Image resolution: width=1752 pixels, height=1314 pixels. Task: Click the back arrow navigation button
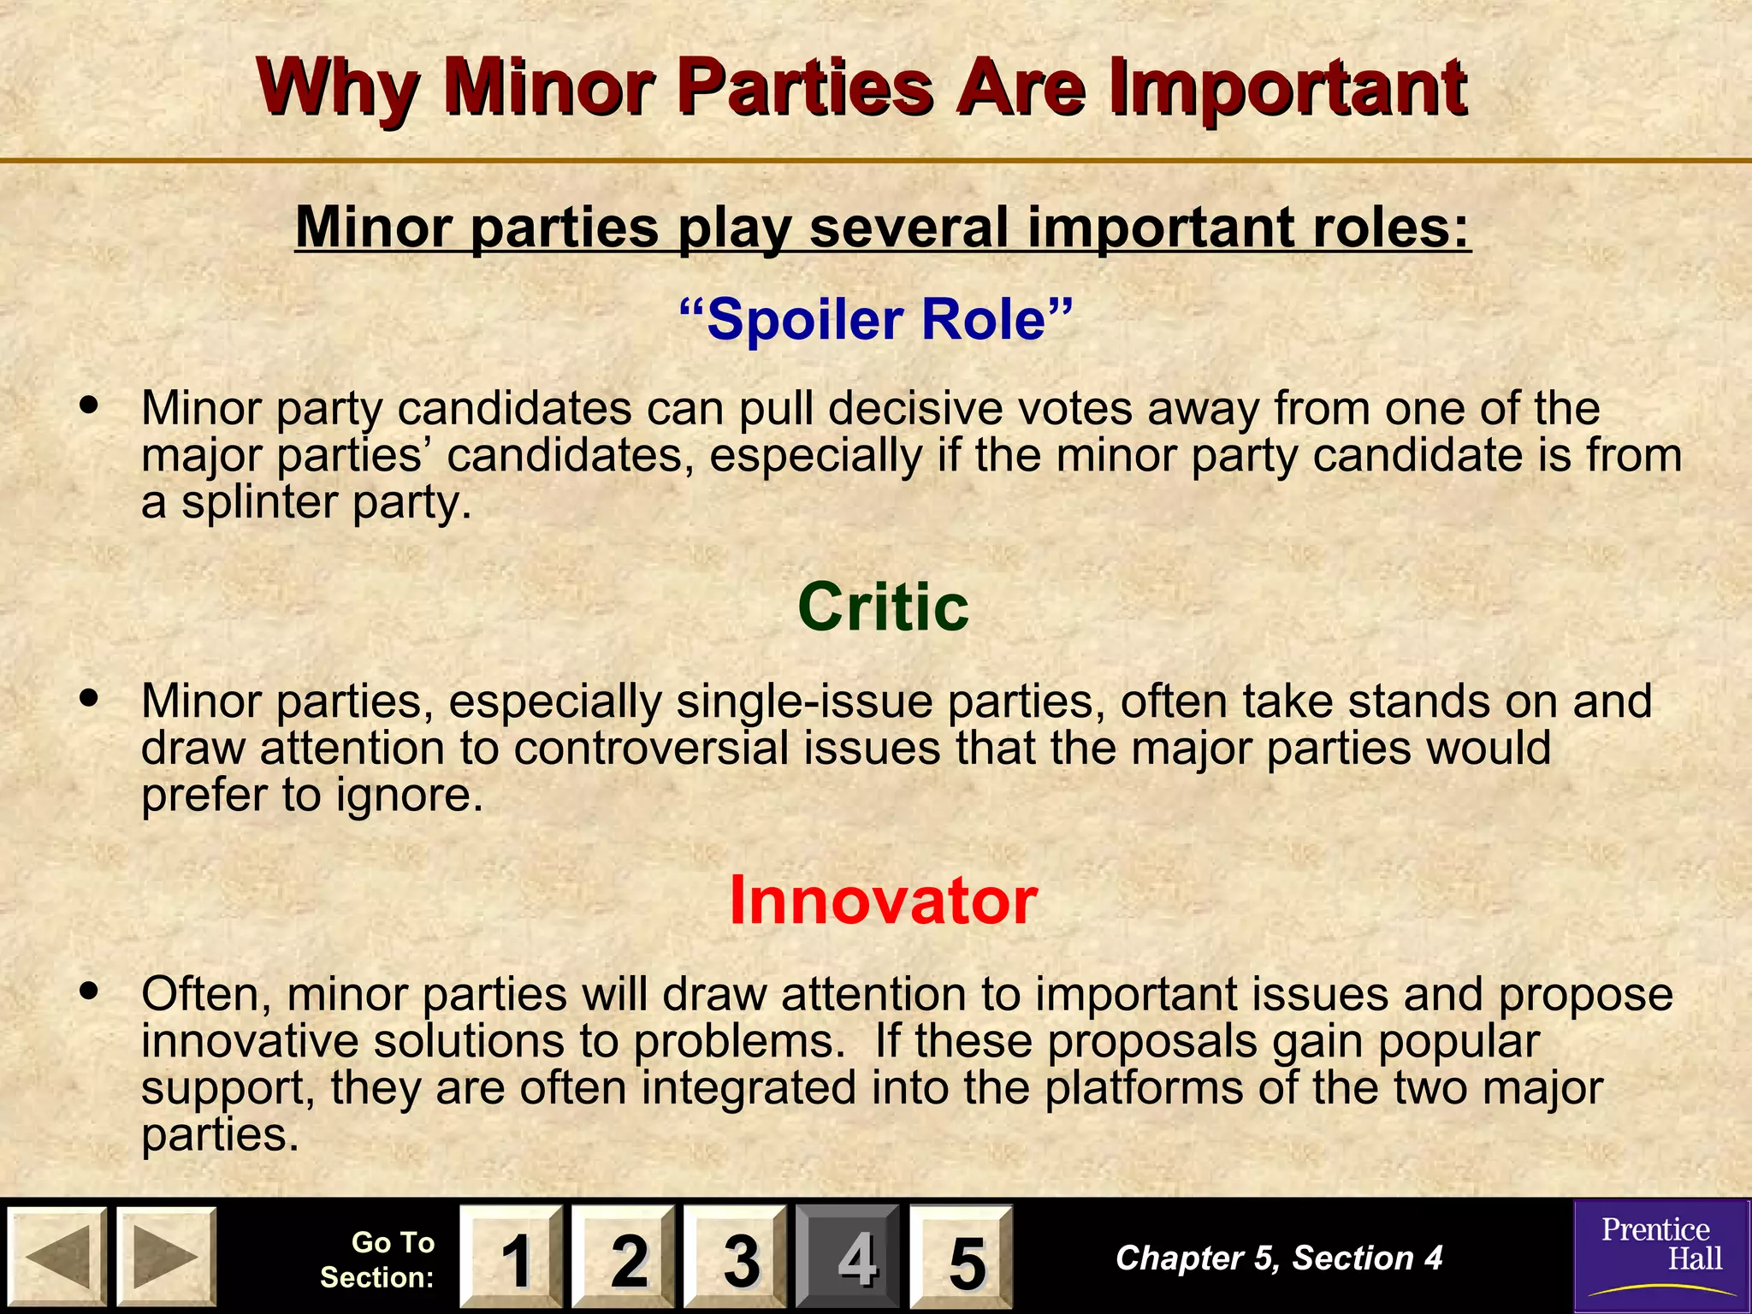[x=56, y=1256]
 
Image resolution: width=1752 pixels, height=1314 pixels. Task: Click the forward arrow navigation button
[x=166, y=1256]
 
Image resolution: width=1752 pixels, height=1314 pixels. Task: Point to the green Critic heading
[x=883, y=607]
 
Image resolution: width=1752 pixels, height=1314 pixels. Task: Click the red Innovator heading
[x=883, y=900]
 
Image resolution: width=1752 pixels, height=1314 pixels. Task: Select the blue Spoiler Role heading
[x=875, y=319]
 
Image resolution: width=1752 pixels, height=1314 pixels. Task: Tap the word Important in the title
[x=1287, y=88]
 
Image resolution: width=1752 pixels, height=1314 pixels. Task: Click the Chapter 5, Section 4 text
[x=1279, y=1258]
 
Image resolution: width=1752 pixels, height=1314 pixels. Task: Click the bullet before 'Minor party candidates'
[x=88, y=404]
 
